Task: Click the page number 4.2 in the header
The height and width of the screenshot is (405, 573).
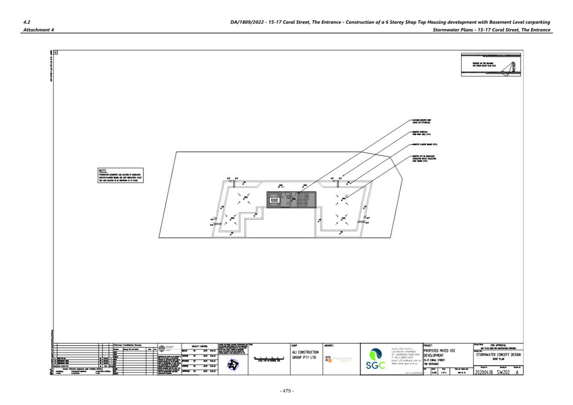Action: [x=27, y=22]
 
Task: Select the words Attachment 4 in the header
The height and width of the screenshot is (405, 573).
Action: [x=38, y=30]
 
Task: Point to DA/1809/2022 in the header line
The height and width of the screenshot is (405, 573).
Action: [x=247, y=22]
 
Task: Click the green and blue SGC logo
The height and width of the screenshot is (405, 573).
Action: [x=375, y=359]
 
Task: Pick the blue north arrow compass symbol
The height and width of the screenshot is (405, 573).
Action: [x=233, y=365]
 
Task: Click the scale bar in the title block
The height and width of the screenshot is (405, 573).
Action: [x=269, y=359]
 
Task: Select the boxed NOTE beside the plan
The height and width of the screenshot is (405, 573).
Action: [x=121, y=175]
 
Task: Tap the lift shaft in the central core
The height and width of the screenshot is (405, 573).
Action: [x=274, y=200]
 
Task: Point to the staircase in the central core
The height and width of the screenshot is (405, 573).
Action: [x=303, y=200]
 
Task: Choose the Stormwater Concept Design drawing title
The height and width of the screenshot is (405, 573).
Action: [x=498, y=357]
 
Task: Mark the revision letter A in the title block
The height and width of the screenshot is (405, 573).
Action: [x=517, y=372]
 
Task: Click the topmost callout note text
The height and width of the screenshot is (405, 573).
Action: [x=421, y=121]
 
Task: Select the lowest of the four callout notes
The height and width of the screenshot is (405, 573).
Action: [x=424, y=159]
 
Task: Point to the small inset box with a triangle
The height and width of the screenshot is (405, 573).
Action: [x=491, y=65]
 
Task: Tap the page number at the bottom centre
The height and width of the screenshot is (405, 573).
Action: [x=286, y=390]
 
